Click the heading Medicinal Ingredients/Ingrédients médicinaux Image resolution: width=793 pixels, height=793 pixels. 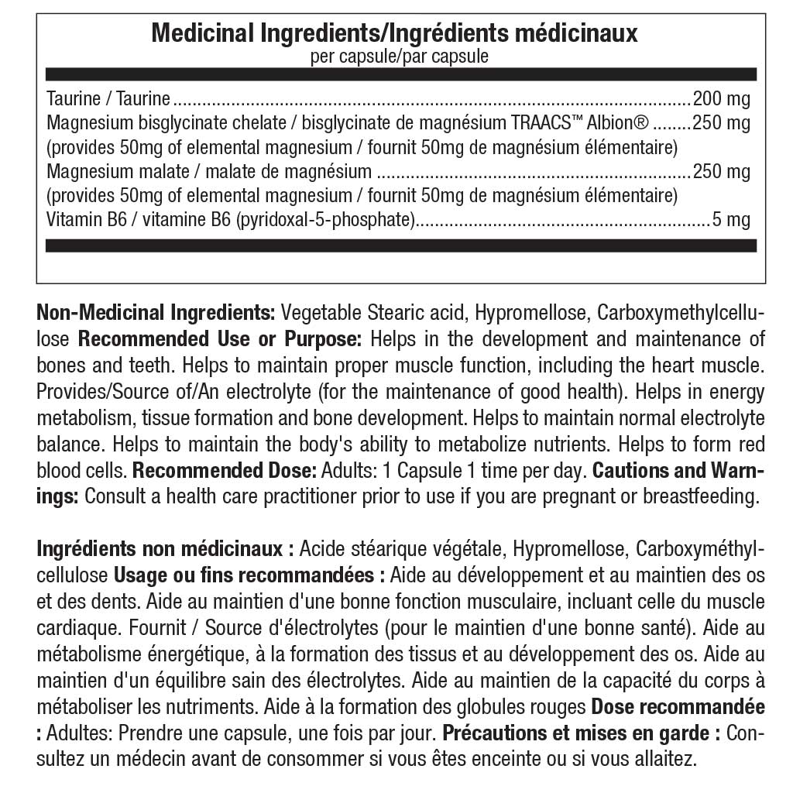tap(394, 33)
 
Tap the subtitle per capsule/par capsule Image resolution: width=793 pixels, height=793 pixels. tap(399, 57)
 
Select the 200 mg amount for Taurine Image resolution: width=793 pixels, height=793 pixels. tap(721, 98)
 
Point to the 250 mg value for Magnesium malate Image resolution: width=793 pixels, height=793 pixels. tap(721, 171)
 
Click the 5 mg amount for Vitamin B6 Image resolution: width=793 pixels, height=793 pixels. tap(731, 220)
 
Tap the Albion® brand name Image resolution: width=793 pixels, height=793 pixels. tap(618, 122)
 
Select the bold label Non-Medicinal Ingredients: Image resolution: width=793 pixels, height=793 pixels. tap(156, 314)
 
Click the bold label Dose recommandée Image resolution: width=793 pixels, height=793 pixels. tap(678, 707)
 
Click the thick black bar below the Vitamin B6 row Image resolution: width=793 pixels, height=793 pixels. tap(400, 245)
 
